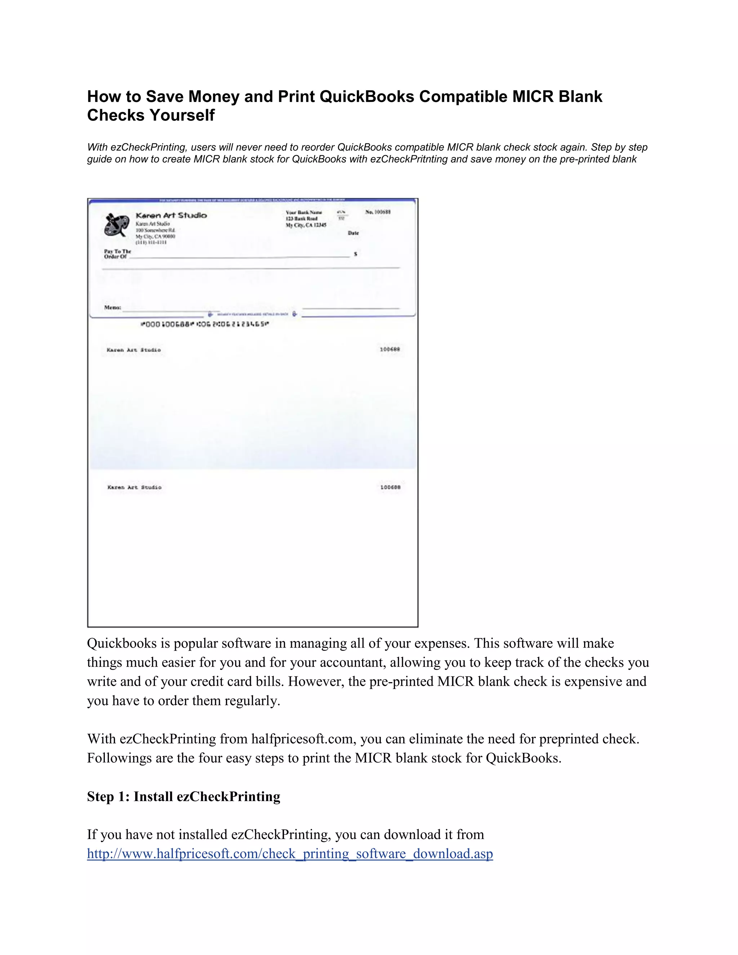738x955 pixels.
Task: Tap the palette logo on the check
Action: pos(116,225)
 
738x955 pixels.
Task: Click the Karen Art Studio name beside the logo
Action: pos(171,215)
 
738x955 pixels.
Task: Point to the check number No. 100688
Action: pos(378,212)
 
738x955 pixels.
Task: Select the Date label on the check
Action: pos(353,233)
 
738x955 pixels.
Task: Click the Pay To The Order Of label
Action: pos(117,254)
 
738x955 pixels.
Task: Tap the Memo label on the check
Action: pos(112,307)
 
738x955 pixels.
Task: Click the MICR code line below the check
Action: pos(204,324)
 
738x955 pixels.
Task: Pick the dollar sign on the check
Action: pos(355,254)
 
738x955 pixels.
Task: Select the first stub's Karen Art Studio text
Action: pos(133,350)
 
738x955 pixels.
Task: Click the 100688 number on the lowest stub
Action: pos(390,487)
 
